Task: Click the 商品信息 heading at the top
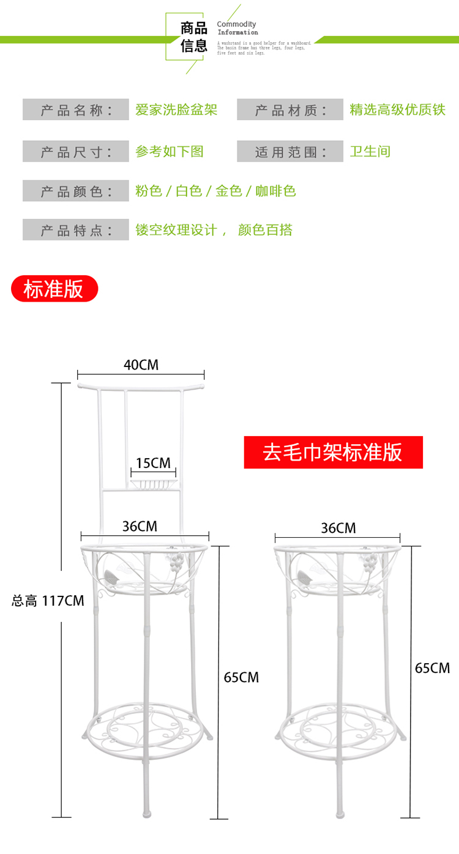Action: tap(194, 37)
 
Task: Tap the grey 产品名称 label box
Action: tap(76, 110)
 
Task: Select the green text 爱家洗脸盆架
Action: tap(176, 110)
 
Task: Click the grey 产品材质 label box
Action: tap(290, 110)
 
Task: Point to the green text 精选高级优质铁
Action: tap(397, 110)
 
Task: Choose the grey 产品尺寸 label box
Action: tap(76, 151)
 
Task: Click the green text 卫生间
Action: tap(370, 151)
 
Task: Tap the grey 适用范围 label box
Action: tap(290, 151)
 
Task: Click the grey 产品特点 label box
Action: tap(76, 230)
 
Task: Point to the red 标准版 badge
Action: tap(54, 289)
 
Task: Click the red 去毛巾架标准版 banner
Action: tap(333, 452)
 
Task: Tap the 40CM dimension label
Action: tap(141, 365)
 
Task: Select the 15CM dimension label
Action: tap(153, 462)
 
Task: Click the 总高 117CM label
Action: tap(48, 601)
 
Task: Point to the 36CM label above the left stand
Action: tap(140, 526)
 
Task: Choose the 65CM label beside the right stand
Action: tap(432, 667)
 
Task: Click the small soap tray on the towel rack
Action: tap(155, 485)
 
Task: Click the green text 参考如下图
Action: tap(170, 151)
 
